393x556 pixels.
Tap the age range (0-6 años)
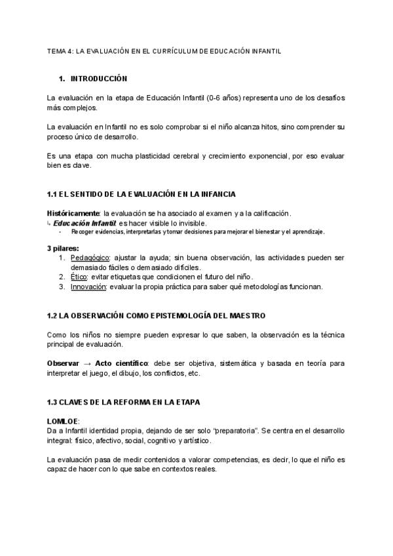coord(223,98)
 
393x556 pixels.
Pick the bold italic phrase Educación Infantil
coord(84,222)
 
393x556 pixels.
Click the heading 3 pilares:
coord(63,248)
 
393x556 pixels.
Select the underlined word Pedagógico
coord(90,258)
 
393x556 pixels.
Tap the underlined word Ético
coord(79,277)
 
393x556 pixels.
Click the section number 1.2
coord(52,315)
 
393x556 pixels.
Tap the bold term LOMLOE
coord(62,421)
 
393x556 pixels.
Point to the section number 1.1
coord(52,195)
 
